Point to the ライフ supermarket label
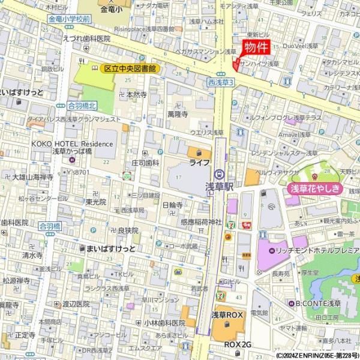coord(199,163)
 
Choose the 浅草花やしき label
coord(316,189)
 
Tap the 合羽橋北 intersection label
coord(82,105)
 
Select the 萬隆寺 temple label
coord(178,113)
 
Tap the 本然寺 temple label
coord(136,95)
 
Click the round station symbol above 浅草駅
coord(220,175)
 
